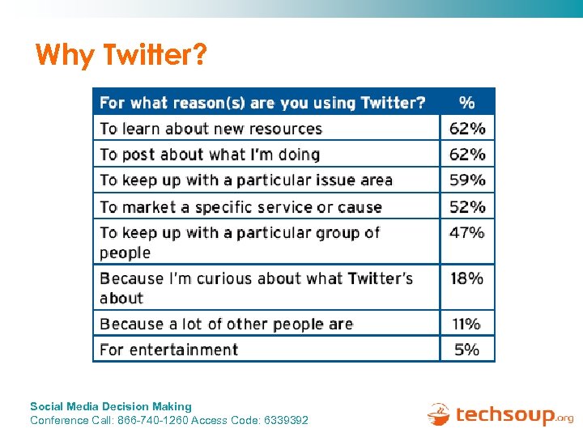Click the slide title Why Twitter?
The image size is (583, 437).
click(x=121, y=56)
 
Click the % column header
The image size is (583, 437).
click(x=467, y=103)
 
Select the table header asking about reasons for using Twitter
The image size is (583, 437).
click(x=262, y=103)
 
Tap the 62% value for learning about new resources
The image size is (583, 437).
click(x=467, y=128)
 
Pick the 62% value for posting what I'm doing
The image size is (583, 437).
click(x=467, y=154)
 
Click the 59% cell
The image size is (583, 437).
click(x=467, y=180)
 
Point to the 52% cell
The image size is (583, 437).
click(x=467, y=206)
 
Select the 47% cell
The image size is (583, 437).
click(x=467, y=232)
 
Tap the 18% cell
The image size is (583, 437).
click(x=467, y=278)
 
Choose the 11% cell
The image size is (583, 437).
click(x=467, y=324)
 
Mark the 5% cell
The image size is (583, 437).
click(x=467, y=350)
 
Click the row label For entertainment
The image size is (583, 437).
click(x=168, y=350)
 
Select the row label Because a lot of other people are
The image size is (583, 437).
click(x=226, y=324)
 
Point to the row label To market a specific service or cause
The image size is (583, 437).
click(x=240, y=206)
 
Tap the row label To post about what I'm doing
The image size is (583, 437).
click(x=210, y=154)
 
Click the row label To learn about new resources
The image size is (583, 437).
click(x=211, y=128)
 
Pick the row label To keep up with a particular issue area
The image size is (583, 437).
click(x=246, y=180)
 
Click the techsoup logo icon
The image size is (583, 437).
click(x=438, y=414)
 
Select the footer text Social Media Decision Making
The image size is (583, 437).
click(x=111, y=406)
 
